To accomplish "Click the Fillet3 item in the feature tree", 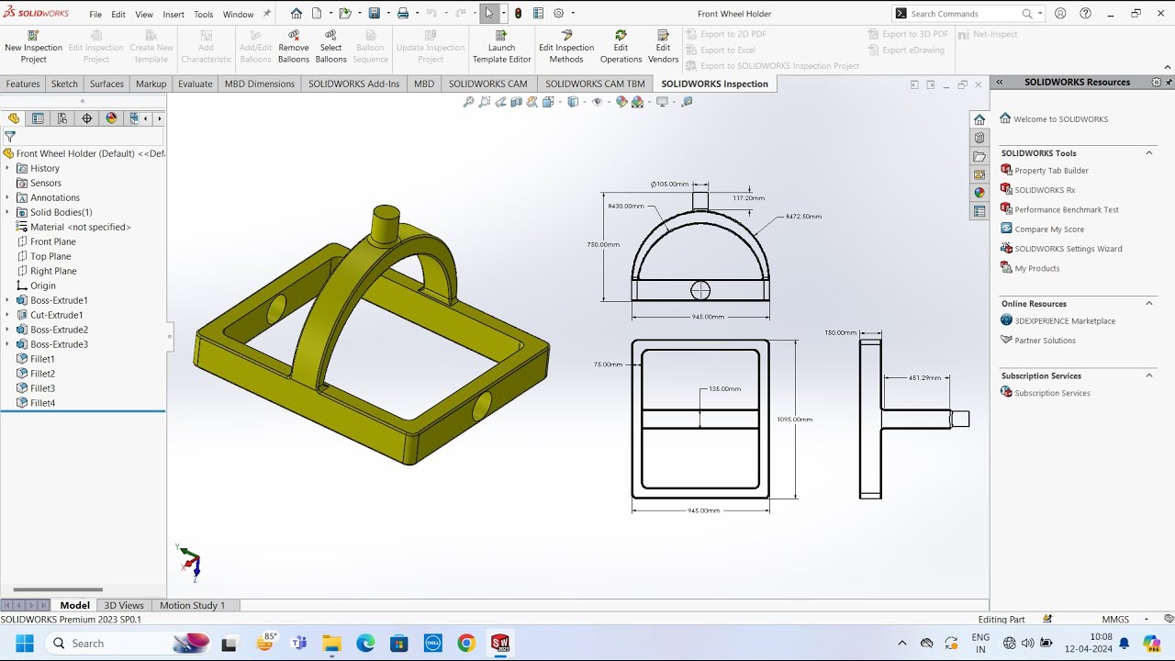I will [x=42, y=388].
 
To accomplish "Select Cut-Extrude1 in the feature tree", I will [x=56, y=315].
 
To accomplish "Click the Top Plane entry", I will [x=50, y=256].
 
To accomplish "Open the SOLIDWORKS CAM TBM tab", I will [x=595, y=84].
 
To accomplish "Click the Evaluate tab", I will [x=195, y=84].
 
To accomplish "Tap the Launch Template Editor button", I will [x=501, y=46].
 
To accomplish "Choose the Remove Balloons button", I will [x=293, y=46].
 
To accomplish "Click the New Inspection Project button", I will [x=33, y=46].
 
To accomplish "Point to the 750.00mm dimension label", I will [x=603, y=245].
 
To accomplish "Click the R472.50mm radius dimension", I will [x=803, y=217].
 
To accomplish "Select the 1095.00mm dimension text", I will [x=795, y=420].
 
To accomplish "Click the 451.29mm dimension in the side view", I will [x=924, y=377].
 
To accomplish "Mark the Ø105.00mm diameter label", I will [x=669, y=184].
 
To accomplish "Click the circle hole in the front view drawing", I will [x=700, y=291].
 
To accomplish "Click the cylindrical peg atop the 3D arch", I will [x=386, y=223].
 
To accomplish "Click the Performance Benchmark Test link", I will [x=1066, y=209].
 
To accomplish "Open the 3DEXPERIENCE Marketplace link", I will [x=1064, y=320].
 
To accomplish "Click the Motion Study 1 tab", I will [x=192, y=605].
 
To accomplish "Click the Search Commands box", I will [x=964, y=14].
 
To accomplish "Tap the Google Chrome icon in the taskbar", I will [x=466, y=643].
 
